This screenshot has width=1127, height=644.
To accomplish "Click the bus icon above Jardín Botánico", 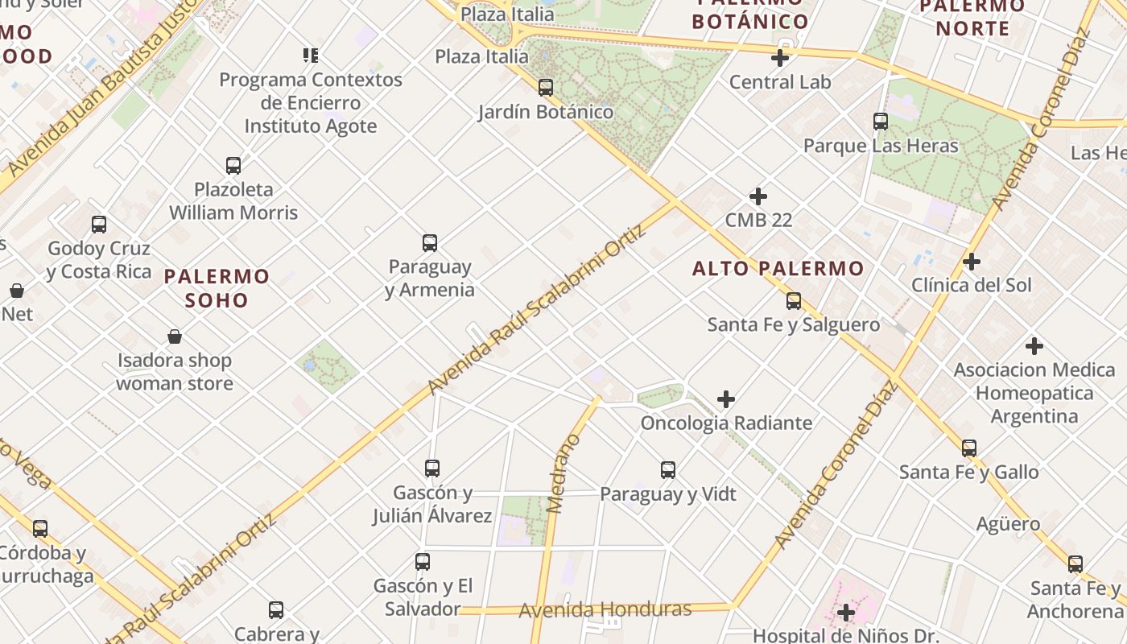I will pos(546,87).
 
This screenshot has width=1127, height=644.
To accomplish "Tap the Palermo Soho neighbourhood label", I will pos(217,288).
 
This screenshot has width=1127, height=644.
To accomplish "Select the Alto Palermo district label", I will pos(778,269).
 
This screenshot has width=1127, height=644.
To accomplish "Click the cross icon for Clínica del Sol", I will pos(972,262).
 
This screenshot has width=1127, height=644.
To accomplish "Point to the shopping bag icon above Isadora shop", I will pos(175,336).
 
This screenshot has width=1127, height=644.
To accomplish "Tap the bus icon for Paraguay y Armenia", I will pos(430,243).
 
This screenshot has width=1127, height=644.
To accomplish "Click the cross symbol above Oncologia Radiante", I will pos(726,399).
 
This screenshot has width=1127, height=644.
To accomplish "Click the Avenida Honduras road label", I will pos(605,609).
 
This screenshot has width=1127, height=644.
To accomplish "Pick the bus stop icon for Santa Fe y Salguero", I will pos(794,301).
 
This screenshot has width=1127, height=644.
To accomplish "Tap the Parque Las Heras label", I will pos(881,146).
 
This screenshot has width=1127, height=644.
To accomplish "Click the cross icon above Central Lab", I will pos(779,58).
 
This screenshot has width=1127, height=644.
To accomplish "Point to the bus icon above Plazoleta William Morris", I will pos(233,166).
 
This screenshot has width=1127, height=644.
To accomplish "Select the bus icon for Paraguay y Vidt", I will pos(668,470).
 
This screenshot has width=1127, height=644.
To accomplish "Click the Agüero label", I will pos(1008,524).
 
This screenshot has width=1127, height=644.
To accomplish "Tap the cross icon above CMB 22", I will pos(758,196).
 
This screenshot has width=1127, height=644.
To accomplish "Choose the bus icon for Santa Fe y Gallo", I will pos(969,448).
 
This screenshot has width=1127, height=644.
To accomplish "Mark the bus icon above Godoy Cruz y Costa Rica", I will pos(99,225).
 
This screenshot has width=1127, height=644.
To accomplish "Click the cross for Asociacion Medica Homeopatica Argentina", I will pos(1034,347).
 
